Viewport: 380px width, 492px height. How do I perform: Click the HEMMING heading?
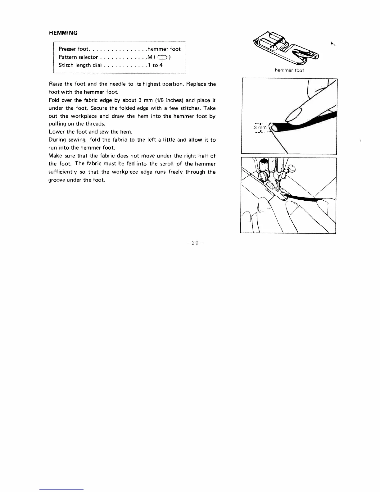click(x=63, y=33)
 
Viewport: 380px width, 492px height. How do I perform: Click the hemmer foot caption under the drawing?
click(x=289, y=71)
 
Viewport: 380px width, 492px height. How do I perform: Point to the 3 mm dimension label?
click(x=260, y=127)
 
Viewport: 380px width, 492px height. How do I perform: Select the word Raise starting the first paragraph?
click(x=56, y=84)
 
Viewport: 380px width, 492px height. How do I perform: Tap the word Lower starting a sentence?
click(x=56, y=132)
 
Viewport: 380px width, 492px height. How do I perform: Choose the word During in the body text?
click(x=57, y=140)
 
